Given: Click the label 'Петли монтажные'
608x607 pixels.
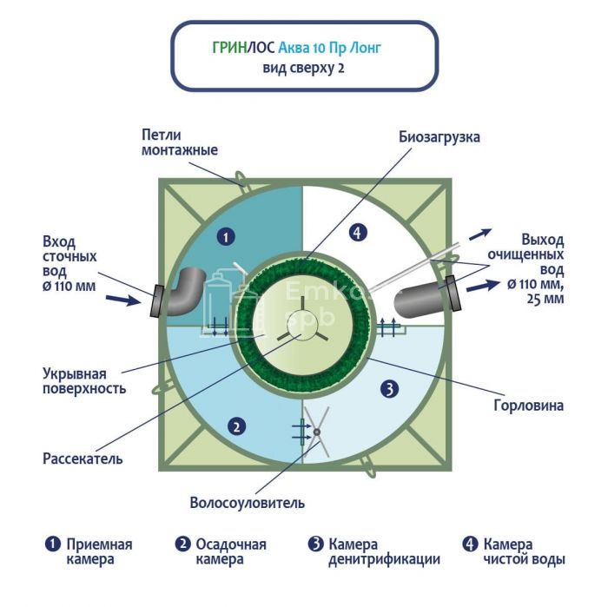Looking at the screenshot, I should tap(178, 142).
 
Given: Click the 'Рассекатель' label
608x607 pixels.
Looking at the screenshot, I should tap(83, 458).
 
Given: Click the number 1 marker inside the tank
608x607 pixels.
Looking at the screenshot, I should tap(225, 235).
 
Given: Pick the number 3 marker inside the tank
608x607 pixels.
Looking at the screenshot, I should tap(390, 389).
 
